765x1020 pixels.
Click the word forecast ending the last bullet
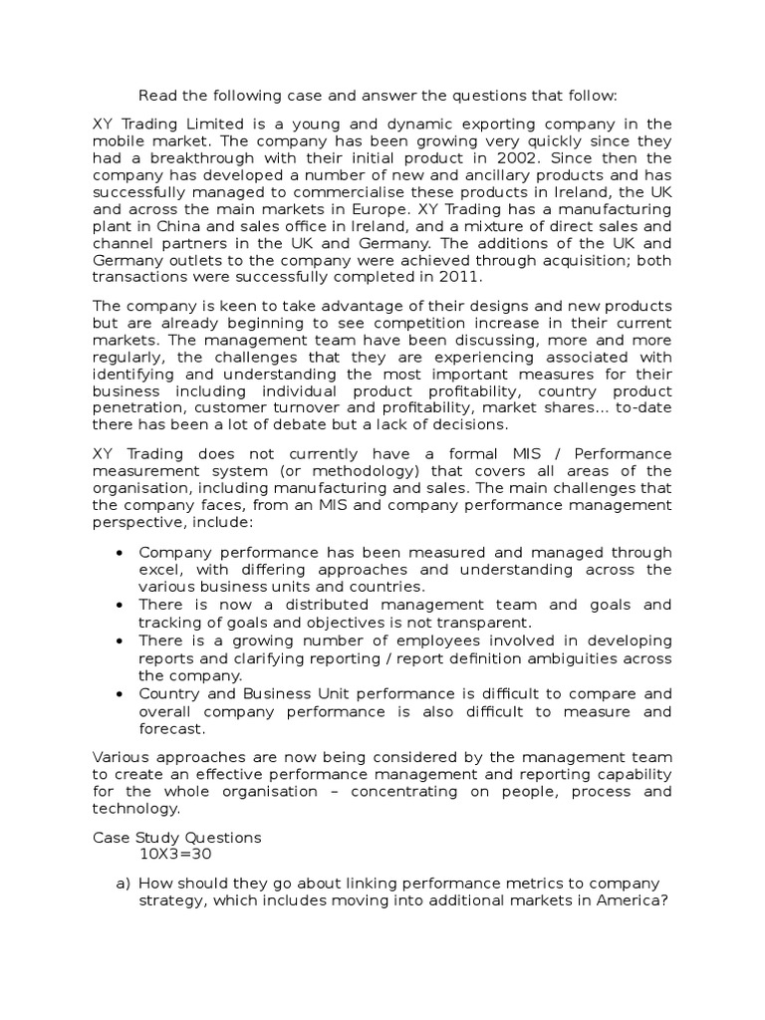point(170,729)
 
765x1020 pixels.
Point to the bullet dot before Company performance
point(120,552)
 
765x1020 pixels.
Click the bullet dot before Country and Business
point(120,694)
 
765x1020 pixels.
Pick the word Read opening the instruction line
point(156,97)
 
